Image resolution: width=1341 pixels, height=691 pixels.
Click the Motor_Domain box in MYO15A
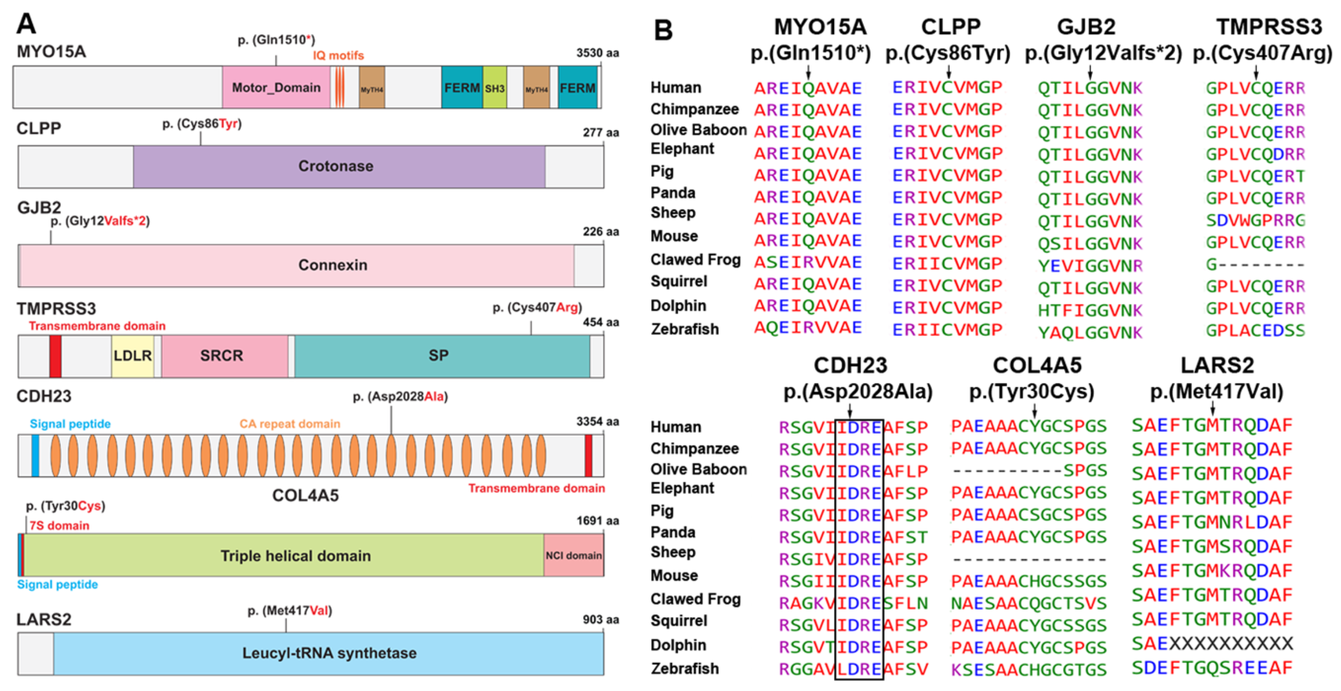point(276,88)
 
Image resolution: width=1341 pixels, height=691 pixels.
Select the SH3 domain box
point(495,88)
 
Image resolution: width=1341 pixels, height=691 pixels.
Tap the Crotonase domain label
point(336,166)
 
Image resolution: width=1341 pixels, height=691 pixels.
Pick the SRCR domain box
point(222,356)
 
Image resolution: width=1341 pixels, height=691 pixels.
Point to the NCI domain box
point(574,556)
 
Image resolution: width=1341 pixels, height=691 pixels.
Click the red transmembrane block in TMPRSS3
point(55,356)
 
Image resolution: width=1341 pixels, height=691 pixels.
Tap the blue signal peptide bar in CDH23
point(35,456)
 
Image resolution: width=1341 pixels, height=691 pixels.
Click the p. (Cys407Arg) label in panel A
point(537,308)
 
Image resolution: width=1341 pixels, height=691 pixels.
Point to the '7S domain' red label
point(59,526)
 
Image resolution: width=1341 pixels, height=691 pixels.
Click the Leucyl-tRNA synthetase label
point(329,653)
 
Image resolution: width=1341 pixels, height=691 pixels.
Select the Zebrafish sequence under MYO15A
point(807,328)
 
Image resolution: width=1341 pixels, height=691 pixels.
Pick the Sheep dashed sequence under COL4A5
point(1029,560)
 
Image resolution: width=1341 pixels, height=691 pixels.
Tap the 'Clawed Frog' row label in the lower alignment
point(695,599)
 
